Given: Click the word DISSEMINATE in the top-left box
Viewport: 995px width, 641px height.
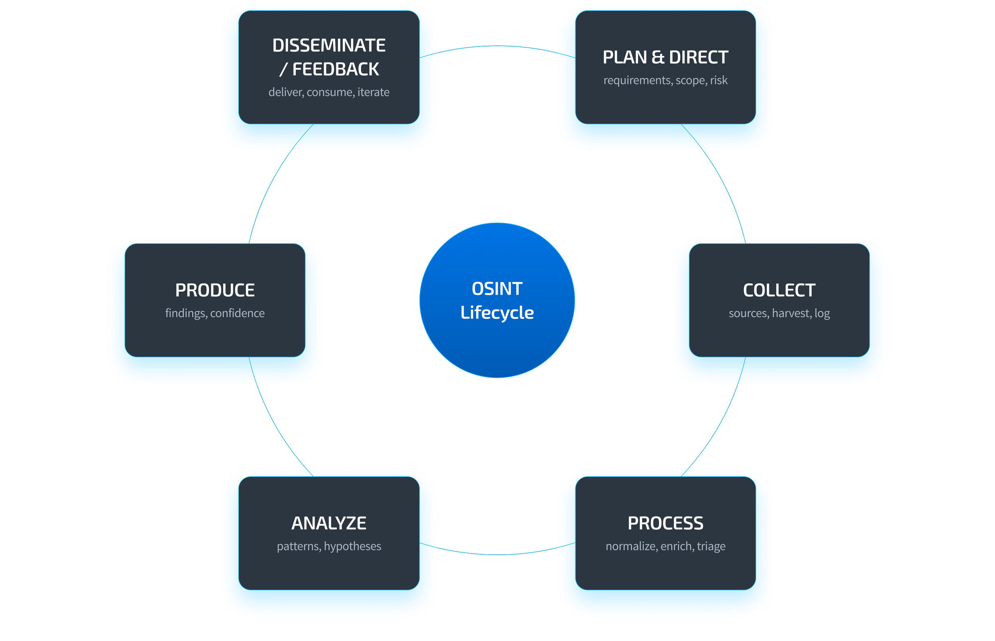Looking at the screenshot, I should click(x=329, y=45).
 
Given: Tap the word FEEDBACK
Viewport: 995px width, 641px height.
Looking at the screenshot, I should click(x=335, y=70).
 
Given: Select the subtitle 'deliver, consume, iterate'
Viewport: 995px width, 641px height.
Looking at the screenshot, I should click(x=329, y=92).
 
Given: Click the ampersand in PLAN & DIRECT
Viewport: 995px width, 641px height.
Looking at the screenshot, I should click(x=657, y=57).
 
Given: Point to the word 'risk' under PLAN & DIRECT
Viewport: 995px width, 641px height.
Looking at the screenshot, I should click(x=718, y=80).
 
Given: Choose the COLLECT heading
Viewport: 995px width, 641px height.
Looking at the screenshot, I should click(x=779, y=290).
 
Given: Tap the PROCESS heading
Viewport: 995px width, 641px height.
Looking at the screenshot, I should click(x=665, y=523).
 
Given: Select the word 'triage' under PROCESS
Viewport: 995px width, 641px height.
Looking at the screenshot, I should click(x=711, y=546).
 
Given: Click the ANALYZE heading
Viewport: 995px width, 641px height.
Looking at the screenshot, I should click(x=329, y=523).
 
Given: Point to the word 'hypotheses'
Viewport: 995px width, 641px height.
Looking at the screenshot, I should click(x=352, y=546).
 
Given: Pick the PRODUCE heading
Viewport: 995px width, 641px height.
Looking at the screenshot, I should click(x=215, y=290).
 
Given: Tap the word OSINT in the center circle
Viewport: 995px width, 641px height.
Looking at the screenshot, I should click(x=497, y=289).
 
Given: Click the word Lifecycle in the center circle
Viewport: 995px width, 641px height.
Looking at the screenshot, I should click(x=497, y=313).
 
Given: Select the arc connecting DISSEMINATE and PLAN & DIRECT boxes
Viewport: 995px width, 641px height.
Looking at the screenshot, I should click(x=497, y=46).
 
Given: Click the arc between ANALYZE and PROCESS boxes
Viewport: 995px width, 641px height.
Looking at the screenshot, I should click(x=497, y=554).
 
